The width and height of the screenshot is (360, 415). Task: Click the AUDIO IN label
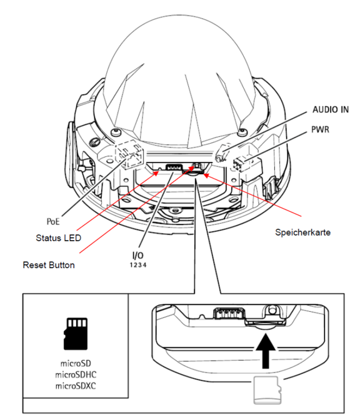click(x=331, y=109)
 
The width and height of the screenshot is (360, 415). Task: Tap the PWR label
click(x=320, y=129)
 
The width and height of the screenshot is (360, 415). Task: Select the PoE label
click(x=53, y=221)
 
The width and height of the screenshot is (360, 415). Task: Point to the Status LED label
click(x=58, y=238)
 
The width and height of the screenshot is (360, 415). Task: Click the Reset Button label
click(x=49, y=265)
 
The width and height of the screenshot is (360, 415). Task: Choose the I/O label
click(x=137, y=255)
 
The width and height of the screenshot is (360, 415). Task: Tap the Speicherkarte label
click(x=303, y=232)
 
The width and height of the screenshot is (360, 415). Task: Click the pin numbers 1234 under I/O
click(x=138, y=265)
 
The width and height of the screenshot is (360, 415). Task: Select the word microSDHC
click(x=76, y=375)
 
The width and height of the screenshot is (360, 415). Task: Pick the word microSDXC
click(x=76, y=386)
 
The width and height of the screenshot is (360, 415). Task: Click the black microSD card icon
click(x=76, y=334)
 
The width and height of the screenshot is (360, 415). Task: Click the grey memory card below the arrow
click(x=267, y=391)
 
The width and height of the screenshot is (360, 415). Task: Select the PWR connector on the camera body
click(x=241, y=164)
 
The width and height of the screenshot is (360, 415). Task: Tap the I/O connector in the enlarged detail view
click(x=229, y=313)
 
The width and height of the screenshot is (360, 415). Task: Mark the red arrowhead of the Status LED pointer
click(x=156, y=173)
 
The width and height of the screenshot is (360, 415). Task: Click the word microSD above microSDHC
click(x=76, y=363)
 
